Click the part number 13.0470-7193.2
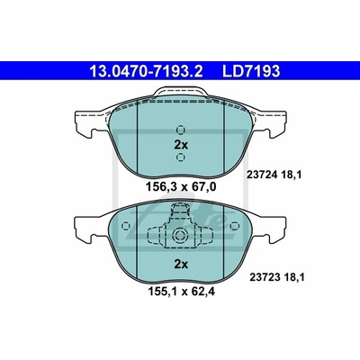click(147, 71)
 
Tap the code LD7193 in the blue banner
click(251, 71)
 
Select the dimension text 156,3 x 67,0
click(181, 187)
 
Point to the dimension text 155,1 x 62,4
click(181, 292)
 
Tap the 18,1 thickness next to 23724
click(290, 175)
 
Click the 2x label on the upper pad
click(181, 145)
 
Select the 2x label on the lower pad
click(181, 265)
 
